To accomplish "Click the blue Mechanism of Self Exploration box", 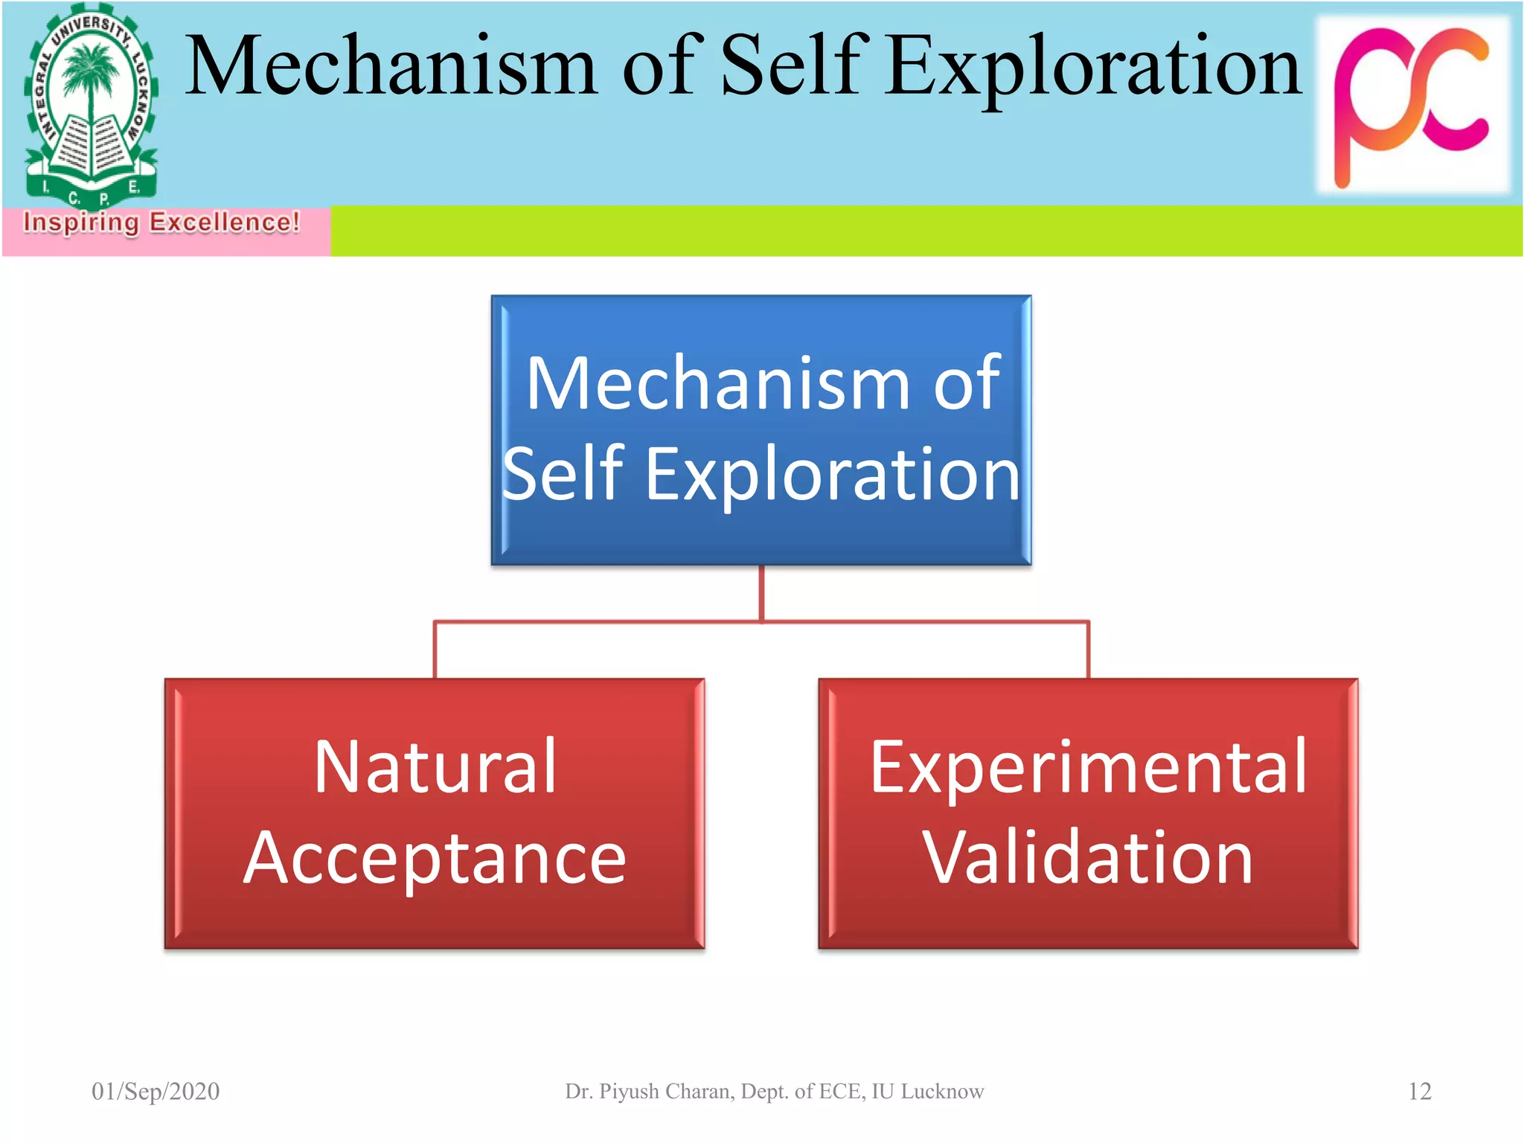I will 761,430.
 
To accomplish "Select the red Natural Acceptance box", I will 435,813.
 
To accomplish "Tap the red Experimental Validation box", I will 1088,813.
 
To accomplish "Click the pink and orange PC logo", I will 1412,104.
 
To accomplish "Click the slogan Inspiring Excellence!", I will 161,222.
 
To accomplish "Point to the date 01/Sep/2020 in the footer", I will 156,1091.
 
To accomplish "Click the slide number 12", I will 1420,1091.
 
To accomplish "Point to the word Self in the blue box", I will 563,474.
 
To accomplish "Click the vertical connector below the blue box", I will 761,593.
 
